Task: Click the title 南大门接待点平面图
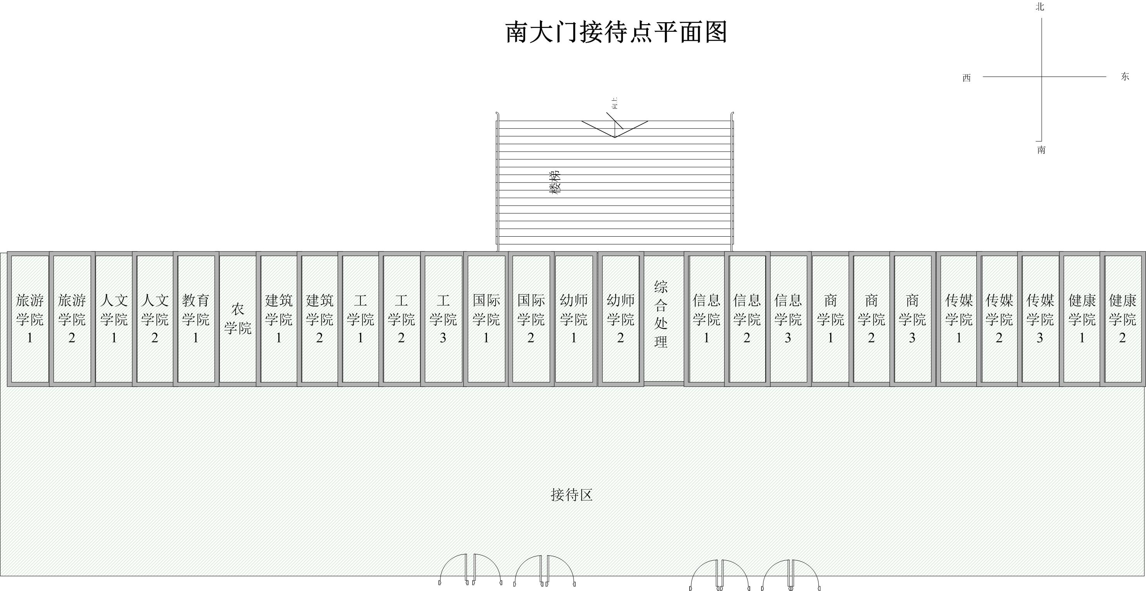click(616, 32)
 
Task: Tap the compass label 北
click(1040, 7)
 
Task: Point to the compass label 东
click(1125, 77)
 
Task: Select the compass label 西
click(966, 78)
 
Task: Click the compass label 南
click(1042, 150)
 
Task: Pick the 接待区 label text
click(572, 495)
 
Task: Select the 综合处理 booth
click(661, 314)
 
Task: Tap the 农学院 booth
click(238, 319)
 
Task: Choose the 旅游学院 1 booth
click(30, 319)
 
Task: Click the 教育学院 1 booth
click(196, 319)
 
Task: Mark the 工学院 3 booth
click(443, 319)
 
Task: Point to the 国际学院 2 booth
click(531, 319)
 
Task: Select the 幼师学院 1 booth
click(574, 319)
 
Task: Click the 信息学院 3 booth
click(788, 319)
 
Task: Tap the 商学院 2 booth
click(871, 319)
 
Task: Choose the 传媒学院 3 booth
click(1040, 319)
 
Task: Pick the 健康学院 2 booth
click(1122, 319)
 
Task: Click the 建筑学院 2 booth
click(319, 319)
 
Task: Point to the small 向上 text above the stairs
click(615, 103)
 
